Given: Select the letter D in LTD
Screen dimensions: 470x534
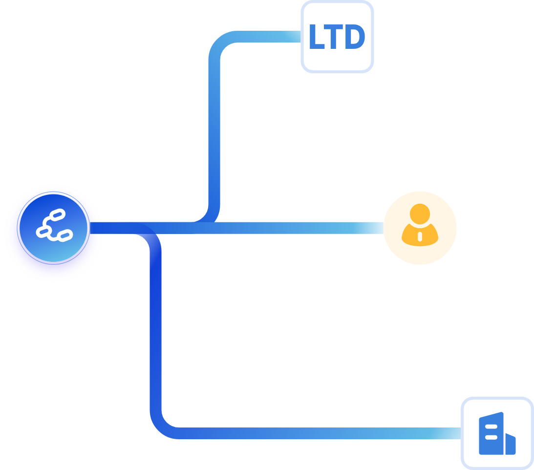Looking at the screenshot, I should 355,38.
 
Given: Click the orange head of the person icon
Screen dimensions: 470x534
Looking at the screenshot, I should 420,214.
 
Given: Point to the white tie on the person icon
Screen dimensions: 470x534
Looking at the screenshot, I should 420,237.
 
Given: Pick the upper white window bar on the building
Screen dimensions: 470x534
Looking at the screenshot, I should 491,427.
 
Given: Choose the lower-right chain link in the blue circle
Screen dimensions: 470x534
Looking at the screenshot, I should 64,235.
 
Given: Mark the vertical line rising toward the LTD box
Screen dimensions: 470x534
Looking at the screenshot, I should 214,132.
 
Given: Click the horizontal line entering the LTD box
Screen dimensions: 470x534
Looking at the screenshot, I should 269,37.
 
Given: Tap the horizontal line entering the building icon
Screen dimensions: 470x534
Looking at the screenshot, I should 318,433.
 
